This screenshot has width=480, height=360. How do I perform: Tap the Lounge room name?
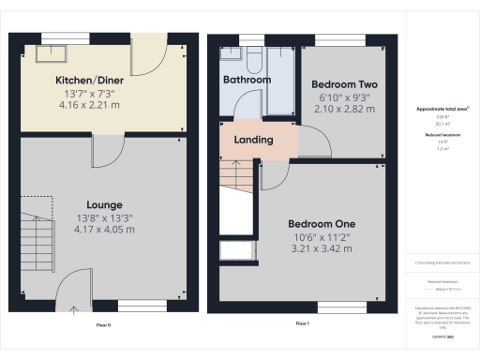tap(104, 204)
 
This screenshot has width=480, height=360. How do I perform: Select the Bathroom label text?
tap(247, 81)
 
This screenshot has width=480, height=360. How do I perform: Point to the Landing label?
tap(252, 141)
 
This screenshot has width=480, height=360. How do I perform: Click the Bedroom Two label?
tap(343, 83)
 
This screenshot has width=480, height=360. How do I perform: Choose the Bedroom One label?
tap(321, 224)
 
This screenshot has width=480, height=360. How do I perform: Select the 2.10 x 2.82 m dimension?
tap(343, 109)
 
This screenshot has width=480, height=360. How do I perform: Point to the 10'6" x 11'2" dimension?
tap(321, 238)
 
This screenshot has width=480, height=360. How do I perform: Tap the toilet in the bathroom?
tap(254, 60)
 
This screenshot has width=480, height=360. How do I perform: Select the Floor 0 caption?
tap(103, 323)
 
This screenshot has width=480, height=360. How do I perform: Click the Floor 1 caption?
tap(302, 323)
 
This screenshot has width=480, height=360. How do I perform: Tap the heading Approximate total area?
tap(442, 109)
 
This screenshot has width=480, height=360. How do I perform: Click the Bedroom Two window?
tap(343, 39)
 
